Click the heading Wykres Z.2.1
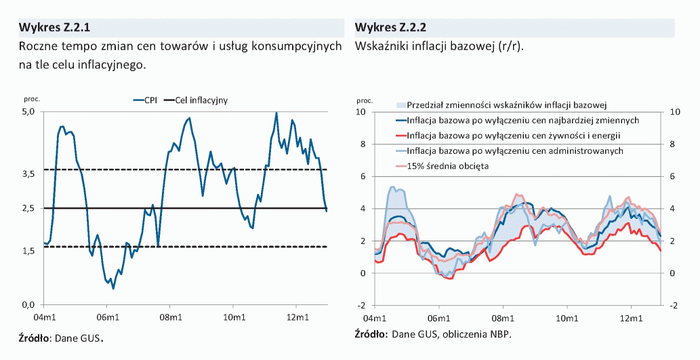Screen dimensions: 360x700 pos(54,28)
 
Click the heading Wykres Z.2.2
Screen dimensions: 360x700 pos(390,28)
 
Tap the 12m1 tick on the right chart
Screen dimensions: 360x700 pos(631,318)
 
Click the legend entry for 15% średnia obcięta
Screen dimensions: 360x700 pos(448,165)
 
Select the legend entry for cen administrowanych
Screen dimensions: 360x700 pos(516,151)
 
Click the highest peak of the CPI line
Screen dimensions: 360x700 pos(276,113)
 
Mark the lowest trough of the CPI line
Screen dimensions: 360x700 pos(113,288)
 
